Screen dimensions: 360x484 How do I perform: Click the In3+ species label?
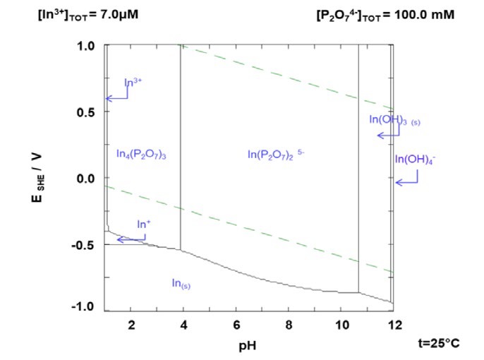[x=133, y=82]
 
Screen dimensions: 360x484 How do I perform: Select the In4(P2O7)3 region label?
[x=140, y=154]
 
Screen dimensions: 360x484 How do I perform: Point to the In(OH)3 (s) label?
[x=394, y=119]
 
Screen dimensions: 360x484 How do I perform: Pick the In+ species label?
[x=143, y=224]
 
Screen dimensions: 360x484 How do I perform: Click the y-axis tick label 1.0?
[x=85, y=46]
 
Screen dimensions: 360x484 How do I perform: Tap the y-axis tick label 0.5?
[x=85, y=112]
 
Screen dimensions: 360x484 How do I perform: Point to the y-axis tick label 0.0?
[x=85, y=179]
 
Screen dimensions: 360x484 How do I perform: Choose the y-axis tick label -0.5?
[x=84, y=244]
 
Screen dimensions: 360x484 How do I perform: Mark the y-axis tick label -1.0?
[x=84, y=306]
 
